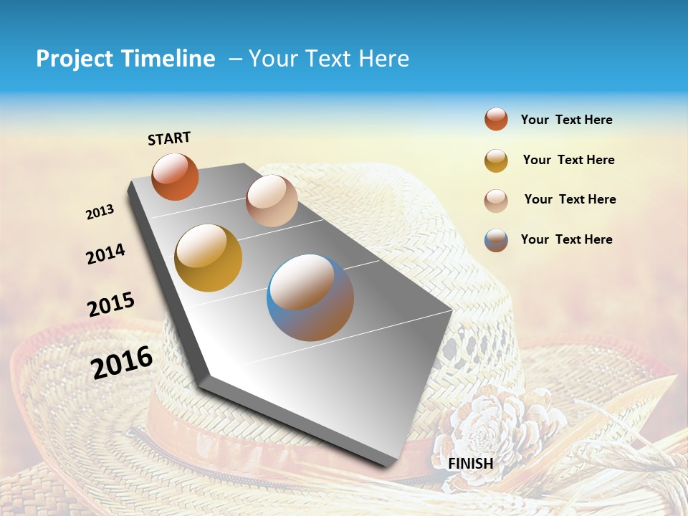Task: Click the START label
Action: pos(169,138)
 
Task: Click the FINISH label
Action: pos(470,463)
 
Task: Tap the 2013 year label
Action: pos(100,212)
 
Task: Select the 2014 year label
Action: pos(105,254)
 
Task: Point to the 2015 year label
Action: pos(111,305)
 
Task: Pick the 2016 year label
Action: pos(122,362)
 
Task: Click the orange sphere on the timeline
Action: pos(175,177)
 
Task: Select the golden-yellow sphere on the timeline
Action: pos(209,258)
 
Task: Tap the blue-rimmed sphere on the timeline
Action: pos(310,297)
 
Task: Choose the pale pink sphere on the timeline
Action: pos(272,201)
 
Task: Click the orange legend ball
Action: pos(496,119)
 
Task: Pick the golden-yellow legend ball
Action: pos(496,161)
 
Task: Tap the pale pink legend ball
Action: pos(496,201)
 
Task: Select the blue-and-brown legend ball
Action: pos(496,240)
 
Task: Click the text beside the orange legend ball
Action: pos(566,120)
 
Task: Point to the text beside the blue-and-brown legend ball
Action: pos(566,239)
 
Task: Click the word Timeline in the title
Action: pos(168,59)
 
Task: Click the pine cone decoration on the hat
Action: pos(494,423)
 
